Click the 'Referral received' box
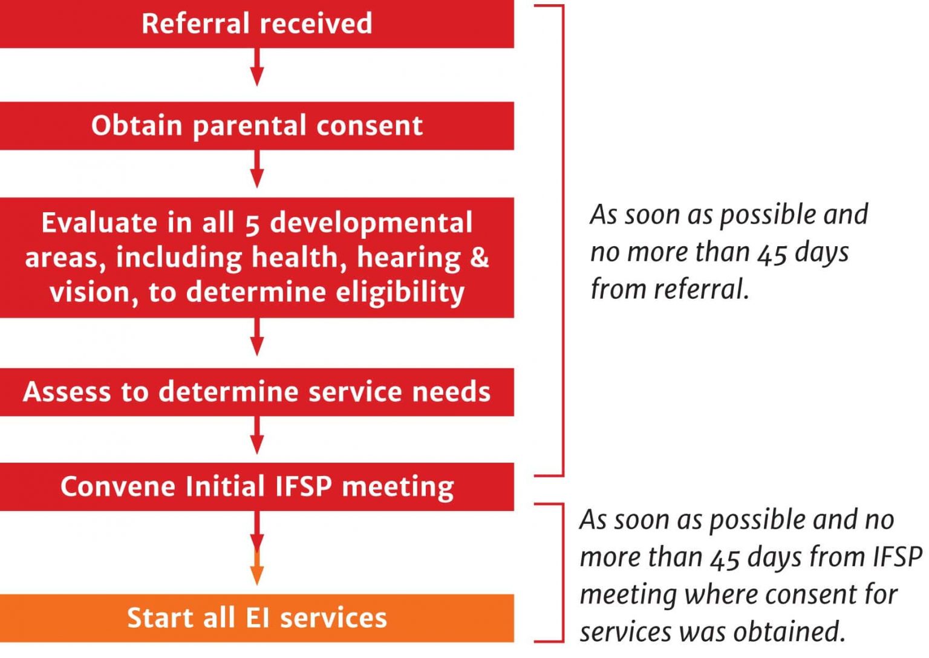click(x=256, y=24)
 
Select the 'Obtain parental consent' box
click(x=256, y=125)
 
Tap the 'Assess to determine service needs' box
click(x=256, y=391)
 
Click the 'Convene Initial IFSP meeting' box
click(x=256, y=486)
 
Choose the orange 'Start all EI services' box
click(x=256, y=617)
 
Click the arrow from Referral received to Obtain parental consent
click(x=257, y=68)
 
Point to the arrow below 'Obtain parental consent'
click(x=257, y=169)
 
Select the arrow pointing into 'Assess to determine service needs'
click(x=257, y=337)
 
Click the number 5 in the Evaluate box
click(x=252, y=224)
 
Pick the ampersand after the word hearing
click(x=479, y=257)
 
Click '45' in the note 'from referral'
click(x=772, y=253)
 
